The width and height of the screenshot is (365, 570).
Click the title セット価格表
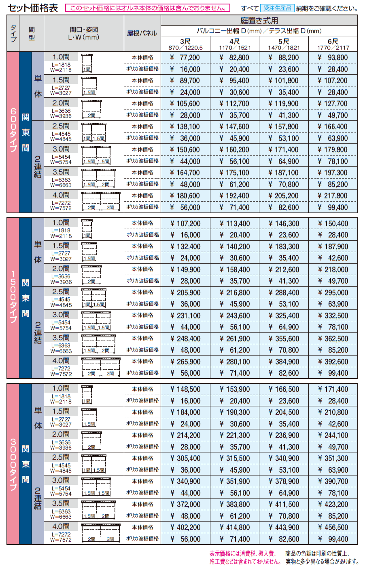tap(33, 8)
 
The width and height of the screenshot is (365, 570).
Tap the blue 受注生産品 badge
tap(277, 8)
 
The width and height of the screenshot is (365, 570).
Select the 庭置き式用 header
tap(259, 21)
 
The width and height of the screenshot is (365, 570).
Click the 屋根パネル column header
tap(142, 33)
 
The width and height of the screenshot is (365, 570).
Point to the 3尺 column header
tap(185, 44)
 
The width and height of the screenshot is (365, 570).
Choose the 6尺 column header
tap(333, 44)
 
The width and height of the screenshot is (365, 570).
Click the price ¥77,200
tap(185, 58)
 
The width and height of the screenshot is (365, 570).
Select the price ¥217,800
tap(333, 196)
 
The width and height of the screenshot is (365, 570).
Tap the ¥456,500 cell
tap(333, 528)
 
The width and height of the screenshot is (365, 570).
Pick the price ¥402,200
tap(185, 528)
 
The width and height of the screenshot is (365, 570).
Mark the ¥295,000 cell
tap(333, 293)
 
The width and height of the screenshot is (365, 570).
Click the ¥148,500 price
tap(185, 389)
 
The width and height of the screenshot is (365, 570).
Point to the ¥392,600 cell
tap(333, 362)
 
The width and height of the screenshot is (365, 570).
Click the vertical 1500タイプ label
tap(13, 297)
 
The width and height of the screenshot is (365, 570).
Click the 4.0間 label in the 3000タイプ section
tap(61, 526)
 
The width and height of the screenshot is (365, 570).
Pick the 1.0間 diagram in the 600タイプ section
tap(87, 63)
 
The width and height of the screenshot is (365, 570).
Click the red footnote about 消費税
tap(244, 557)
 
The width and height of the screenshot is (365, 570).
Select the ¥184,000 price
tap(185, 412)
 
